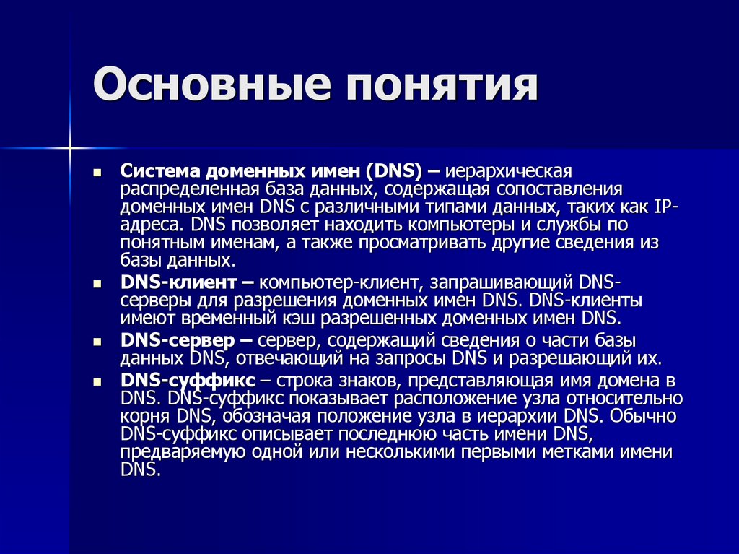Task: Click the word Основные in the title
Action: (209, 86)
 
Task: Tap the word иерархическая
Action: (508, 172)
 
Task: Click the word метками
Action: (579, 453)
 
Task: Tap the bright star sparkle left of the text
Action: (71, 148)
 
